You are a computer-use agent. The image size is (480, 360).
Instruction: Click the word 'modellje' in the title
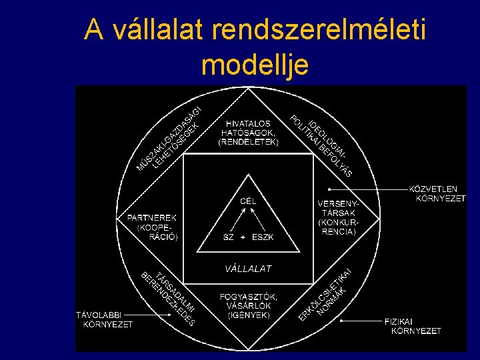pyautogui.click(x=254, y=65)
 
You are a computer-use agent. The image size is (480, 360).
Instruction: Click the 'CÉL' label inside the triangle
pyautogui.click(x=248, y=200)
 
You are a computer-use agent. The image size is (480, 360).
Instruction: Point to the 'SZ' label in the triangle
pyautogui.click(x=228, y=237)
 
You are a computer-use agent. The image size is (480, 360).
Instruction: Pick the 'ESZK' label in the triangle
pyautogui.click(x=263, y=237)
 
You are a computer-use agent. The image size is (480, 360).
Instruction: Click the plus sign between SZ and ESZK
pyautogui.click(x=243, y=237)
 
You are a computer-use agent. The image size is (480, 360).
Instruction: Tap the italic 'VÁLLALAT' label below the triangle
pyautogui.click(x=248, y=269)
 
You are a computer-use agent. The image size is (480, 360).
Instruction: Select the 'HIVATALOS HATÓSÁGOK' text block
pyautogui.click(x=248, y=133)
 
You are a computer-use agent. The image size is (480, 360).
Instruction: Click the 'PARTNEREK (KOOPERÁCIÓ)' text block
pyautogui.click(x=152, y=227)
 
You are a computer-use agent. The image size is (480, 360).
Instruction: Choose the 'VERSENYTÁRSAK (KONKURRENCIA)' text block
pyautogui.click(x=338, y=217)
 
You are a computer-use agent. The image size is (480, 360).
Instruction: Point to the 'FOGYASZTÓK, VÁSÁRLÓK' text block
pyautogui.click(x=248, y=305)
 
